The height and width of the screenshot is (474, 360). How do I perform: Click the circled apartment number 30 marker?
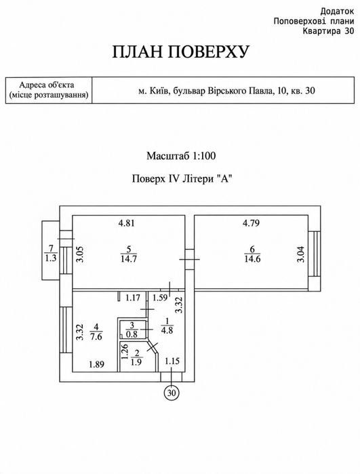tap(172, 393)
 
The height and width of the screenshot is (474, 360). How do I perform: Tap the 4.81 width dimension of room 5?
tap(126, 223)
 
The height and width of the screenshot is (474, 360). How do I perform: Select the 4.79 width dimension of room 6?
tap(251, 223)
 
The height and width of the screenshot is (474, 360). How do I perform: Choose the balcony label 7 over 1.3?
tap(50, 254)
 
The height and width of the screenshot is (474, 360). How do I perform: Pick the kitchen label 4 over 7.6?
tap(96, 332)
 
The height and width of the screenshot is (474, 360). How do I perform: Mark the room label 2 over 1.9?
tap(137, 357)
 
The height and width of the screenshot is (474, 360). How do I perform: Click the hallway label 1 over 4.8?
tap(167, 325)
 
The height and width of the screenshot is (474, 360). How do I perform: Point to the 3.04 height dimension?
tap(301, 254)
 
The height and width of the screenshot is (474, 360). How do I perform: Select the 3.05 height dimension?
tap(79, 254)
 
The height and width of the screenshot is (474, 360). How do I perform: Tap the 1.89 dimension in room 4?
tap(97, 365)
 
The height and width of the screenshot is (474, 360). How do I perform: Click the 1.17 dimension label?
tap(133, 298)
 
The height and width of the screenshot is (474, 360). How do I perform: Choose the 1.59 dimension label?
tap(159, 298)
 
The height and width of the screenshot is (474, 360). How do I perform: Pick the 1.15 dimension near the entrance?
tap(172, 361)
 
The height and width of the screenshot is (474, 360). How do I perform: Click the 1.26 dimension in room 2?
tap(125, 352)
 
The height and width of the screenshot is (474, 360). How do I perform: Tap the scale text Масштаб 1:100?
tap(181, 156)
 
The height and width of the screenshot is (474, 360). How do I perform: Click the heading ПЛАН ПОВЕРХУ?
tap(181, 52)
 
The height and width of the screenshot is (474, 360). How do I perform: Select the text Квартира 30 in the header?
tap(328, 31)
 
